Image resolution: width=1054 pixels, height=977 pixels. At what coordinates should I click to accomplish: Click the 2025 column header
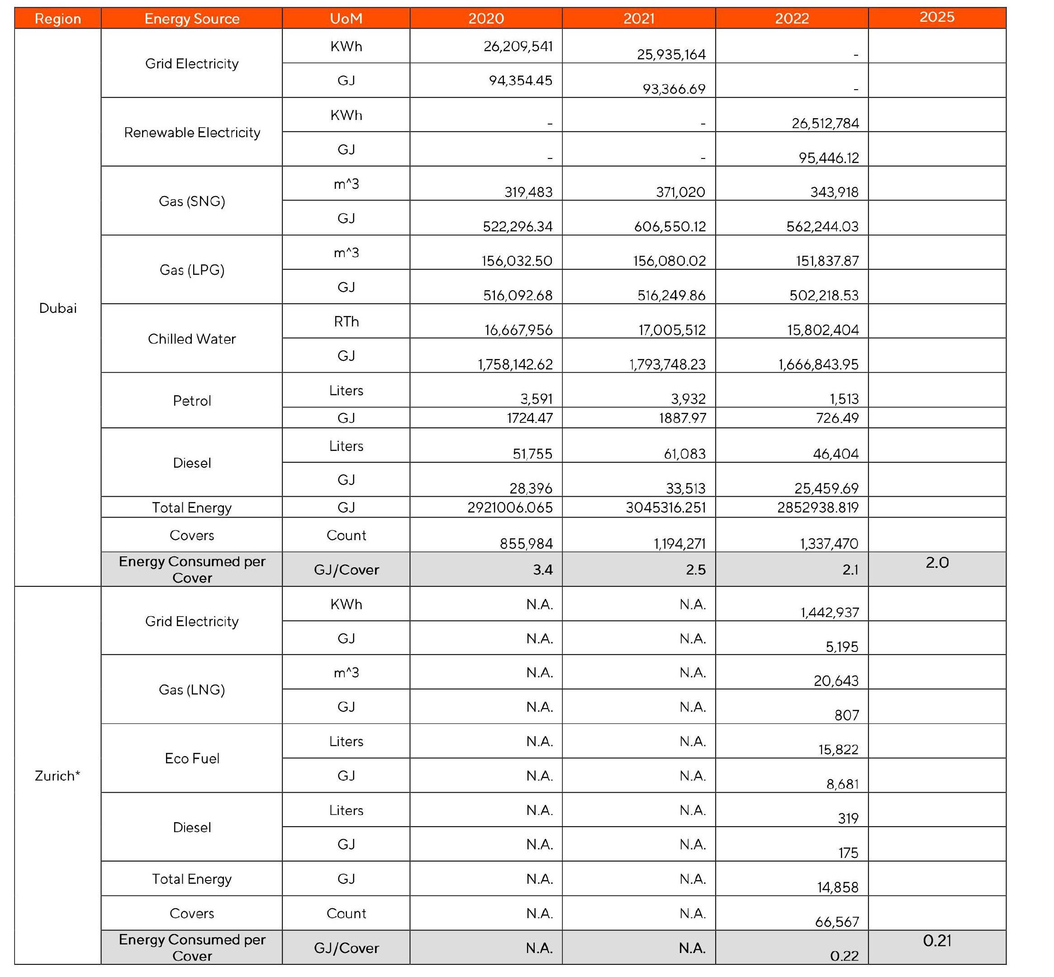pos(936,18)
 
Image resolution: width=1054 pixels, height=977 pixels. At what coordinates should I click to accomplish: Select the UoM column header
pos(346,19)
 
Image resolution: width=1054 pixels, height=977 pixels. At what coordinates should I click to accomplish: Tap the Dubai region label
pos(57,308)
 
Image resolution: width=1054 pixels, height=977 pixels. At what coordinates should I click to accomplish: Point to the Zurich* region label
pos(57,776)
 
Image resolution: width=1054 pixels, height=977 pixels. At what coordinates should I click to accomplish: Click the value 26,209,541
pos(518,47)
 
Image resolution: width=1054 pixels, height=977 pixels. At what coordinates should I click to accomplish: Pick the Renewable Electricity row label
pos(192,132)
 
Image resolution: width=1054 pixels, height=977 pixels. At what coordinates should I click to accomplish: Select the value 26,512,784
pos(825,123)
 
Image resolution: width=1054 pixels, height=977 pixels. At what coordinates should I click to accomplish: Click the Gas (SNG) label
pos(192,201)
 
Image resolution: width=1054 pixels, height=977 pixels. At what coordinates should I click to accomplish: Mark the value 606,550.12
pos(669,226)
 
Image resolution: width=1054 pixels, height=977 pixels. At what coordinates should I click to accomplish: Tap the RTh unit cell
pos(346,321)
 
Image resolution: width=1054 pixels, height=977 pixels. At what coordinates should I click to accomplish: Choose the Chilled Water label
pos(192,339)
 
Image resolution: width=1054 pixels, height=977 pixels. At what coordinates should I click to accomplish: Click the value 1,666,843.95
pos(818,364)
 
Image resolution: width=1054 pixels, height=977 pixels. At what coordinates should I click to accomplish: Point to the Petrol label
pos(192,401)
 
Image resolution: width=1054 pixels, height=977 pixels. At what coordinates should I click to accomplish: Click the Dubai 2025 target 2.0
pos(937,562)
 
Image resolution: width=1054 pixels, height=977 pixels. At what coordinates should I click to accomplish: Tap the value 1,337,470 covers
pos(828,543)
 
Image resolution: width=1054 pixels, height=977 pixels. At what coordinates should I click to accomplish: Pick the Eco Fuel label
pos(192,759)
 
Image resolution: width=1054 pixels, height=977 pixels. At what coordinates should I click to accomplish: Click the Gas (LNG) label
pos(192,690)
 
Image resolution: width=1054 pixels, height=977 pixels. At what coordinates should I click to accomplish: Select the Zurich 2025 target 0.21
pos(937,940)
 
